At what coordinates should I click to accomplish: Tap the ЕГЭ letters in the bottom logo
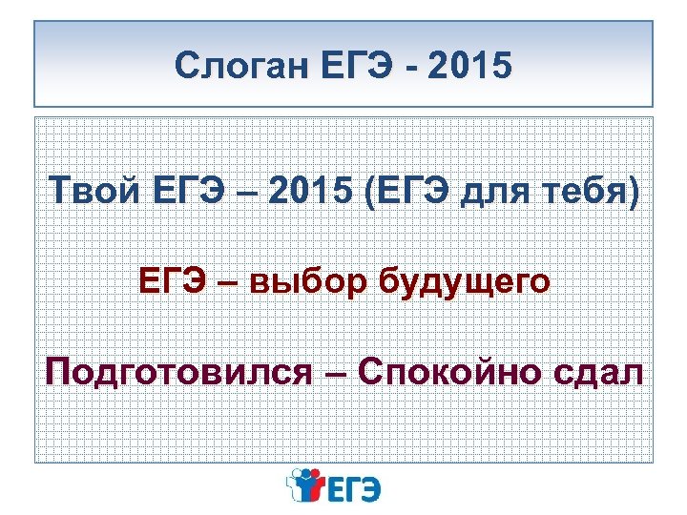356,488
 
